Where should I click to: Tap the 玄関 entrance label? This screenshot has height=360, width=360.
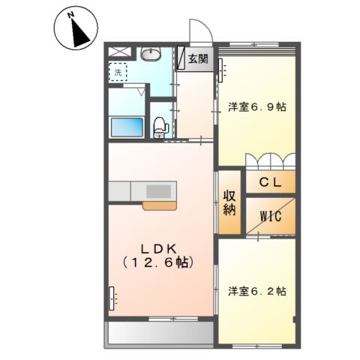coord(199,58)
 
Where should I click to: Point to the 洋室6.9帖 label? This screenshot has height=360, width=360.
coord(256,107)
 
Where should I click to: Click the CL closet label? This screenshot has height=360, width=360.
coord(270,182)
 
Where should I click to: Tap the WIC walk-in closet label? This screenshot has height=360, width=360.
coord(270,217)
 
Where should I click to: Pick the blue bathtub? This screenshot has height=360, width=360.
coord(127,126)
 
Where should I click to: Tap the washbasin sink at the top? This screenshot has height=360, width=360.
coord(151,55)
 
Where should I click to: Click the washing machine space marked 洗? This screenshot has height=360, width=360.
coord(118,73)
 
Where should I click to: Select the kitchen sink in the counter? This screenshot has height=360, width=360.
coord(158,190)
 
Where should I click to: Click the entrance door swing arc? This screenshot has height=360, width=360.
coord(199,34)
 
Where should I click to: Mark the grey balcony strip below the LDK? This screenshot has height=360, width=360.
coord(160,332)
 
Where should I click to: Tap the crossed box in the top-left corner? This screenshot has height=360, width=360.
coord(118,52)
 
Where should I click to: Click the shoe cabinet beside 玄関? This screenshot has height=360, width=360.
coord(181,59)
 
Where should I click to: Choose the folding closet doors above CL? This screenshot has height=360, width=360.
coord(270,161)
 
